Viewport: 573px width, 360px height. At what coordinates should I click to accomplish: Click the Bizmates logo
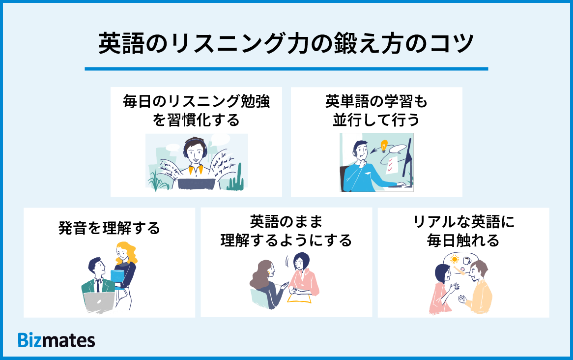point(57,340)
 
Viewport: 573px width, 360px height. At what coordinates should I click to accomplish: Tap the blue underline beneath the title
point(286,69)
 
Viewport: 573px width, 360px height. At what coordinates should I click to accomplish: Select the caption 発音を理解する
point(109,228)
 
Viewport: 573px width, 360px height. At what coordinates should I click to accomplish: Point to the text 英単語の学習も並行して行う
point(376,111)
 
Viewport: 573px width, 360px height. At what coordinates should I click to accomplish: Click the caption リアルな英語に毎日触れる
point(463,231)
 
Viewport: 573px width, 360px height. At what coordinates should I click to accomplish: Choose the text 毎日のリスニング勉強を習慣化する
point(196,111)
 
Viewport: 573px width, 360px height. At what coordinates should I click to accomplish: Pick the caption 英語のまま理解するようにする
point(286,231)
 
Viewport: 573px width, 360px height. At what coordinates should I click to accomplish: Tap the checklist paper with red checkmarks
point(391,165)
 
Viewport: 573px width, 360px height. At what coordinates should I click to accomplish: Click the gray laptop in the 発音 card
point(99,301)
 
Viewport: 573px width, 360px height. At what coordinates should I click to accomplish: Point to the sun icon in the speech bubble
point(455,259)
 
